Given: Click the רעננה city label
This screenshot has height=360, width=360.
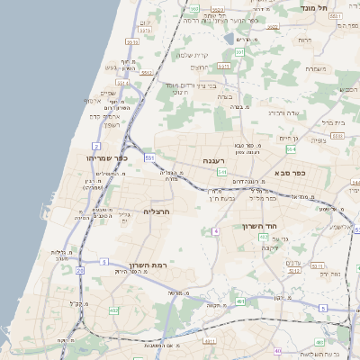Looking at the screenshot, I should click(212, 160).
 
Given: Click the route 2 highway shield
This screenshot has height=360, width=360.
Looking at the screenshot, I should click(94, 145).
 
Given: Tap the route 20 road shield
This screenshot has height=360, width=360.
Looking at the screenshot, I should click(80, 269).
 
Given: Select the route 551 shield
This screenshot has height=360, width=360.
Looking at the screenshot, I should click(148, 157).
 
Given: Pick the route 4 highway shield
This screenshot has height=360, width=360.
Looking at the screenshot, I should click(216, 231).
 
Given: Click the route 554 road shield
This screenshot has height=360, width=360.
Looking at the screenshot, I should click(292, 148).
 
